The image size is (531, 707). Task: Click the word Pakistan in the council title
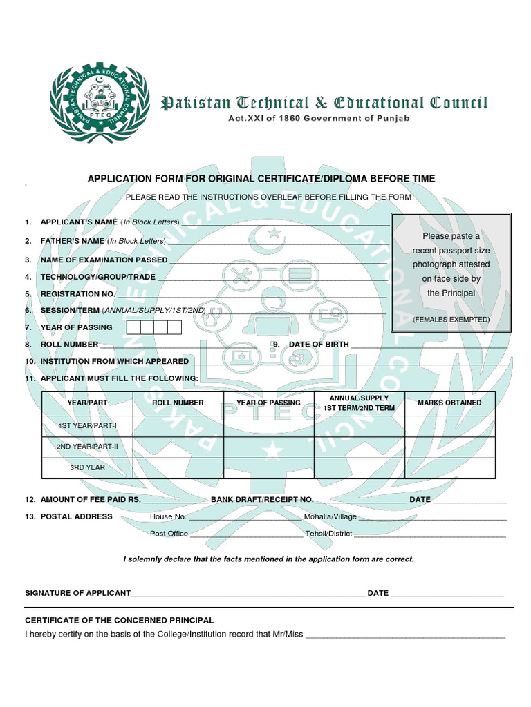pos(196,104)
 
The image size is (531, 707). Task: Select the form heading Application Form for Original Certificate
pos(261,179)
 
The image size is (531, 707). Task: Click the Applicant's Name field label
pos(79,222)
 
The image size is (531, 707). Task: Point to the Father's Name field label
pos(73,241)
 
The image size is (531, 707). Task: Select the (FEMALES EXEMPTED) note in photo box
pos(451,320)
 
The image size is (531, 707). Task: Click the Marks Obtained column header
pos(449,403)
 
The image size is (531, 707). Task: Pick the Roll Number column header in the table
pos(178,403)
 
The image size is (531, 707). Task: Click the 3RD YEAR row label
pos(87,467)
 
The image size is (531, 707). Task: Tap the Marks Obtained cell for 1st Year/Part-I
pos(449,426)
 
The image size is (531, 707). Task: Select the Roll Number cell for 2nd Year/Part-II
pos(178,447)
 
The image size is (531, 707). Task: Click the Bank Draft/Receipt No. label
pos(262,499)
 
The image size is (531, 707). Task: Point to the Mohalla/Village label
pos(330,516)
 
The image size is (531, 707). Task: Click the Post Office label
pos(169,534)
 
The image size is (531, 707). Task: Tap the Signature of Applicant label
pos(77,593)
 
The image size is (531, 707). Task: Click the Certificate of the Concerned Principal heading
pos(119,621)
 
